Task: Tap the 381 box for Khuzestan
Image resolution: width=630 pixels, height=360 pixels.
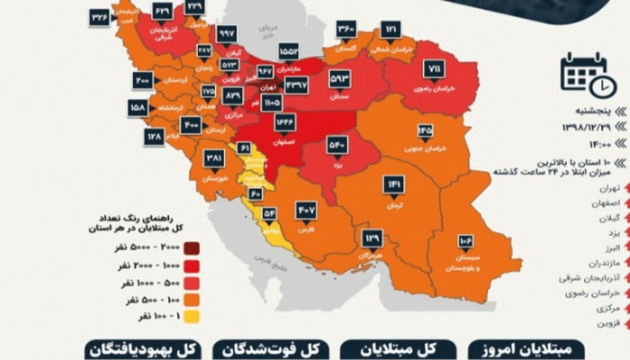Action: (x=214, y=158)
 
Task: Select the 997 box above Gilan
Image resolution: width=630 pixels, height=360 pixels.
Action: (x=227, y=32)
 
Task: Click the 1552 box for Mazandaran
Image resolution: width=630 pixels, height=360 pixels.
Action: (x=291, y=52)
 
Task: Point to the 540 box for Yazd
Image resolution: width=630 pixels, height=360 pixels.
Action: (x=335, y=143)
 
